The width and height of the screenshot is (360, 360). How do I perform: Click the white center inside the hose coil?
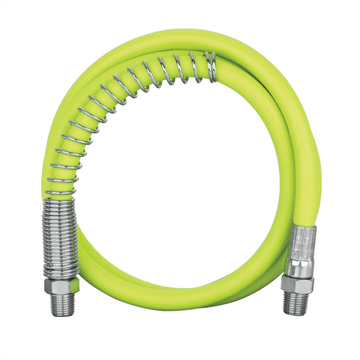(x=181, y=187)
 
